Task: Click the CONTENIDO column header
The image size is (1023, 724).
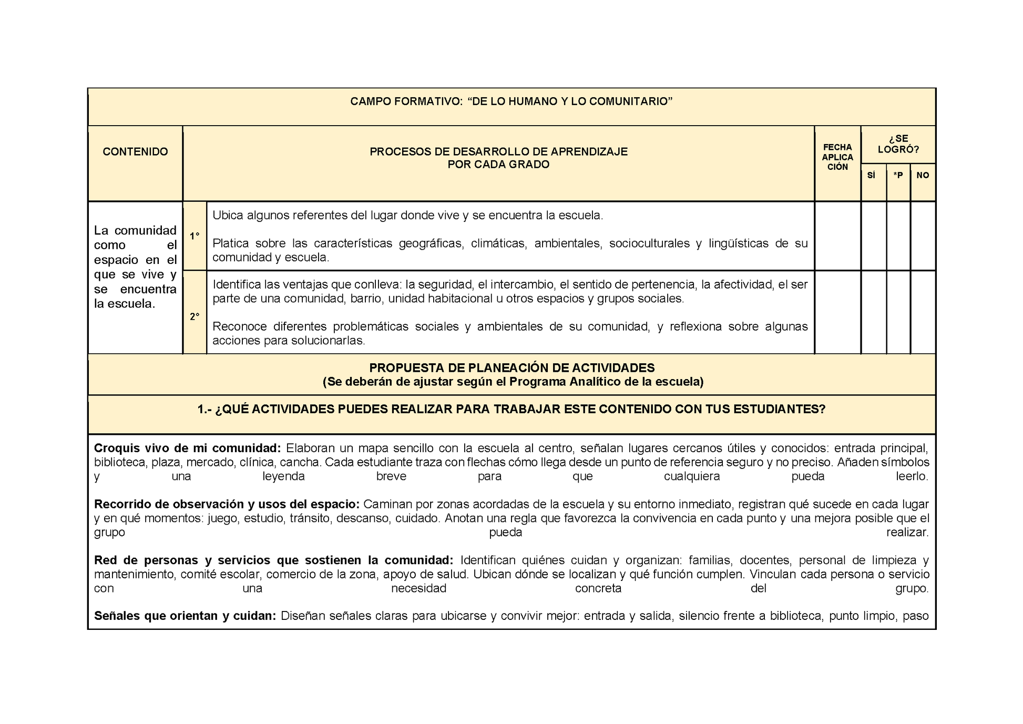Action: coord(135,152)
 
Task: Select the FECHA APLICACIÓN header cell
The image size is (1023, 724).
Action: coord(837,157)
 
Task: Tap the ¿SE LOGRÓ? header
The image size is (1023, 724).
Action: coord(898,144)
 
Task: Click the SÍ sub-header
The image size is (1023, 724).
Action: coord(871,176)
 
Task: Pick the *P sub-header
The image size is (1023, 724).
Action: coord(898,176)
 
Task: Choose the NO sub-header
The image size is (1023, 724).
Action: coord(923,176)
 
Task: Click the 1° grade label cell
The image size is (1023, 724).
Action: coord(195,237)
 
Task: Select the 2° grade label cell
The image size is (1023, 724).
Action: coord(195,317)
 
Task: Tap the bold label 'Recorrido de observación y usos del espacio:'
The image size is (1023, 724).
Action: coord(227,504)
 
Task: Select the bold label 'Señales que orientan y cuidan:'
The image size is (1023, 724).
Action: coord(185,616)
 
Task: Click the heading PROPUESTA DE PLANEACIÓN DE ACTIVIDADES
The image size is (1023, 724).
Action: coord(512,368)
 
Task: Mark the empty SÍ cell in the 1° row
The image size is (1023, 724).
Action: coord(873,236)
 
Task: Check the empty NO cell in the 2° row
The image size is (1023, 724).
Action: coord(923,312)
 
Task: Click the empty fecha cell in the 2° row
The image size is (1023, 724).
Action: coord(837,312)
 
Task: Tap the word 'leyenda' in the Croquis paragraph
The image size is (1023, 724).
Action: coord(284,476)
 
